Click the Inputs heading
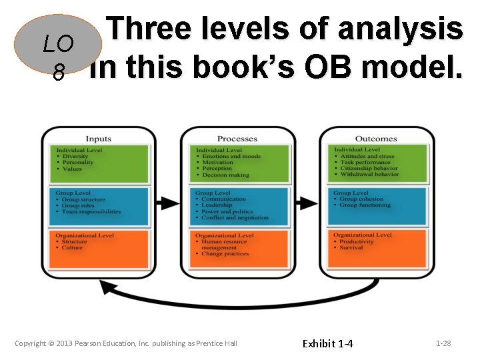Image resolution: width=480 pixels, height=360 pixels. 98,139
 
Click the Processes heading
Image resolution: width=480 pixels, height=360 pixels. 237,139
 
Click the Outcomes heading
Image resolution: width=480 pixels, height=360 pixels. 375,139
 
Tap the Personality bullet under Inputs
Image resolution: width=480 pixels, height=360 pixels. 78,163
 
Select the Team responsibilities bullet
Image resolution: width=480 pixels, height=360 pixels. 91,212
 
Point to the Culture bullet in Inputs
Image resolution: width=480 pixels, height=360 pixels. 72,247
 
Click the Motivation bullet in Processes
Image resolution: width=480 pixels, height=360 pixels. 217,163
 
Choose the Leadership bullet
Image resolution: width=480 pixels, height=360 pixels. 217,205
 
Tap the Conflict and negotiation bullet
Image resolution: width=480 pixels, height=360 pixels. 235,217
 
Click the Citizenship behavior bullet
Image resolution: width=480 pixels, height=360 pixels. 368,168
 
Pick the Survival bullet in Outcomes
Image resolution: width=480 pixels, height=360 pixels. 351,247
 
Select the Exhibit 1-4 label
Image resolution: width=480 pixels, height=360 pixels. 328,343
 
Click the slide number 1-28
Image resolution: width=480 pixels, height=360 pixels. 443,343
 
